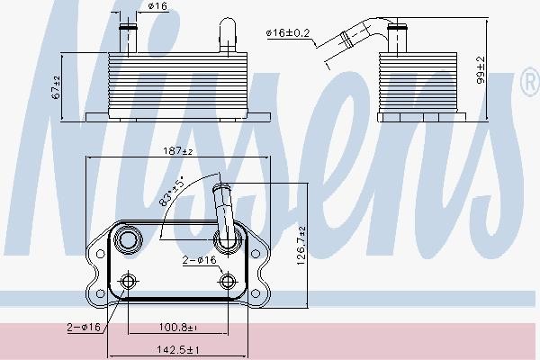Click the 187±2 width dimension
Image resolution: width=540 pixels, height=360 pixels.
pos(176,151)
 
